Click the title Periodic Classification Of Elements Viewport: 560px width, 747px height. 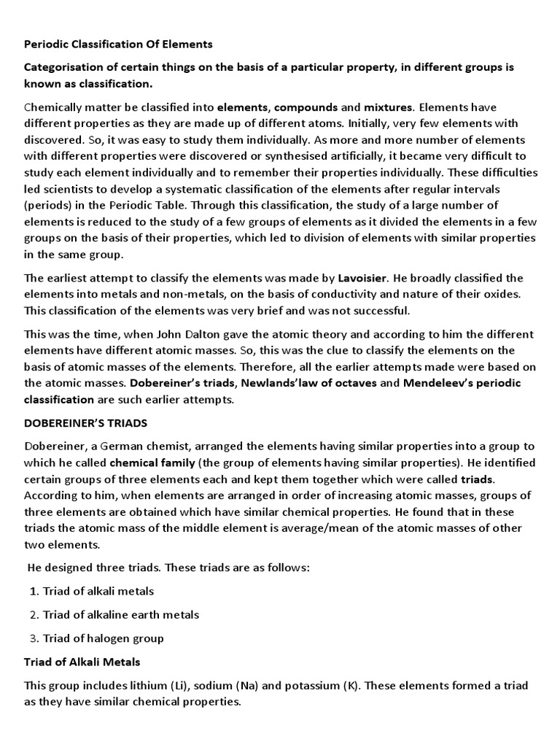[118, 44]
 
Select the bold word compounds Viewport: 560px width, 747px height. [306, 107]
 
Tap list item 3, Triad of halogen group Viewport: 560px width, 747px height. [103, 638]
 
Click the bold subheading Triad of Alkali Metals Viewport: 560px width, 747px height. [82, 662]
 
